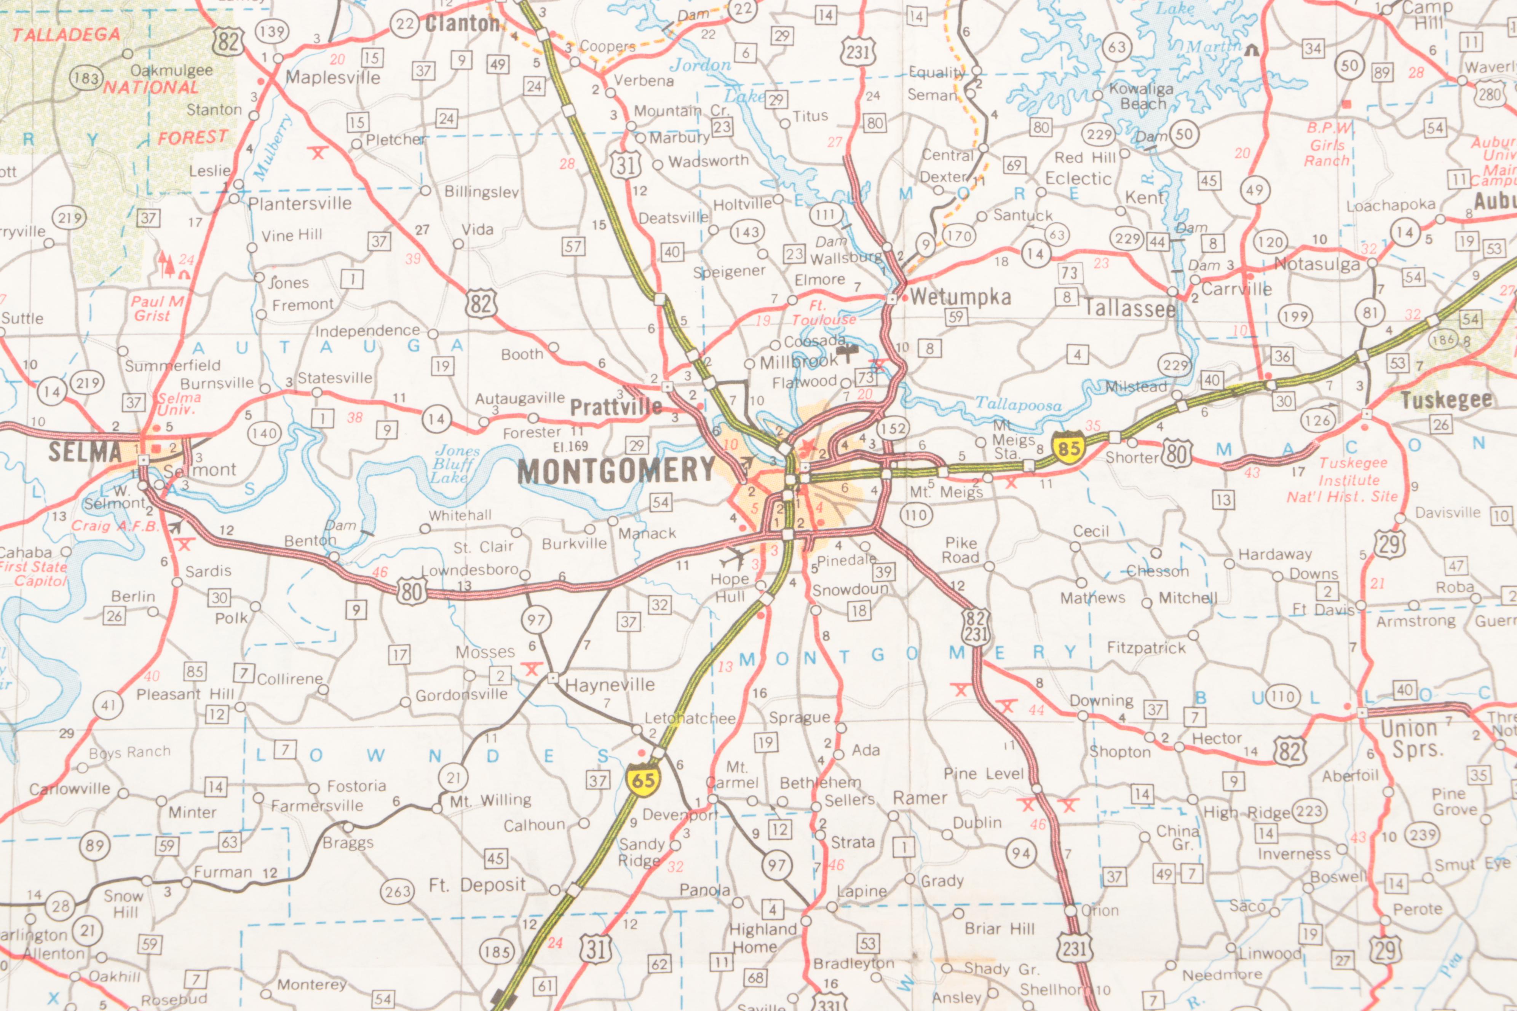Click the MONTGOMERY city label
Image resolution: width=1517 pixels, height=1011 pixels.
coord(616,470)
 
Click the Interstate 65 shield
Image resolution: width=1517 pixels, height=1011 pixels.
coord(643,780)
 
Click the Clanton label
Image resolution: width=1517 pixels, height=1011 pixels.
coord(462,24)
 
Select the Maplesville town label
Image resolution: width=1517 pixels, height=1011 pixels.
coord(333,78)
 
